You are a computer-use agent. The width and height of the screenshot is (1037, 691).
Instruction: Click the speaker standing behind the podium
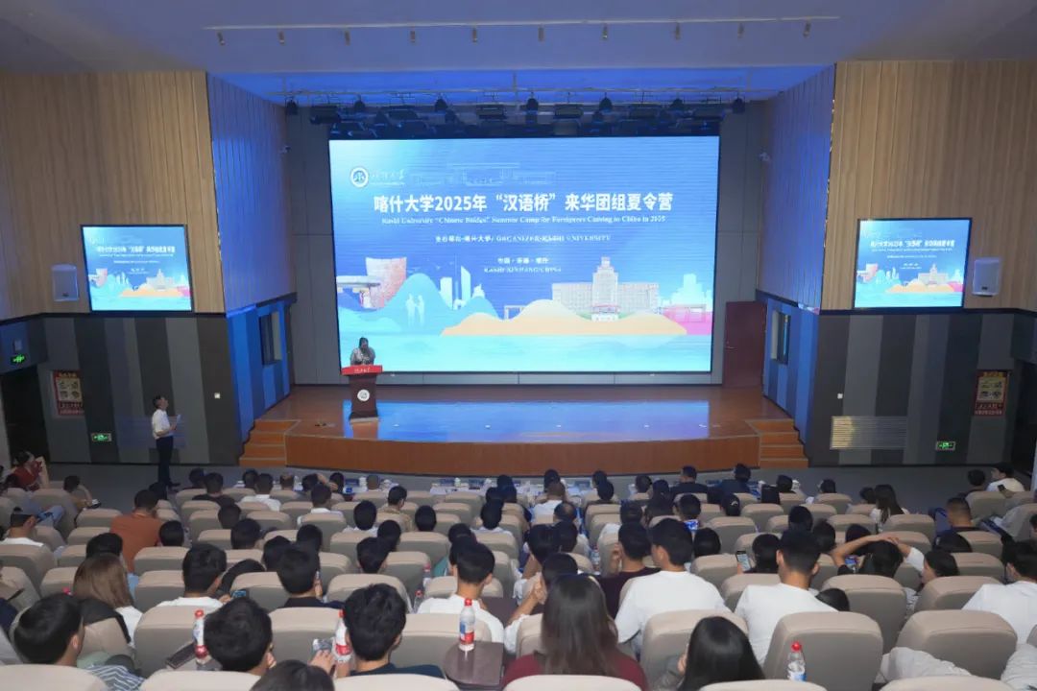coord(362,352)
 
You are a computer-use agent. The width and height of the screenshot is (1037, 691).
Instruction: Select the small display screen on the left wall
coord(136,268)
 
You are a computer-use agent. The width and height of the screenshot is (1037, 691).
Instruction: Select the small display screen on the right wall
coord(911,263)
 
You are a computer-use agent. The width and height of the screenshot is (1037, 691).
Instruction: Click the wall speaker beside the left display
coord(65,282)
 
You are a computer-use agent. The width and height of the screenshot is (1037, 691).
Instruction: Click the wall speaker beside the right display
coord(986,276)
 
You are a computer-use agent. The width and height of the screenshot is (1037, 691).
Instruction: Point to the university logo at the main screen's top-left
coord(359,177)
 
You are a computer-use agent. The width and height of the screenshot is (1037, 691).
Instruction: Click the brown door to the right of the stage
coord(744,344)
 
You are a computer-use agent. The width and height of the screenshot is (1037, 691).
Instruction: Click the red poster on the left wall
coord(67,393)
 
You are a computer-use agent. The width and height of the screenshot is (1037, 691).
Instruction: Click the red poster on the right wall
coord(990,393)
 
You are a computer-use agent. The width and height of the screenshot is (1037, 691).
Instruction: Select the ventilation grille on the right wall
coord(868,432)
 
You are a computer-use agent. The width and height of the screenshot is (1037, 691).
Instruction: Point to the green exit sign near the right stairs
coord(945,445)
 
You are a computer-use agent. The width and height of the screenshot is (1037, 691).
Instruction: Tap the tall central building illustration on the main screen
coord(605,288)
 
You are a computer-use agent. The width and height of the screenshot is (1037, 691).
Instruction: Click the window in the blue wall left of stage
coord(267,338)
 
